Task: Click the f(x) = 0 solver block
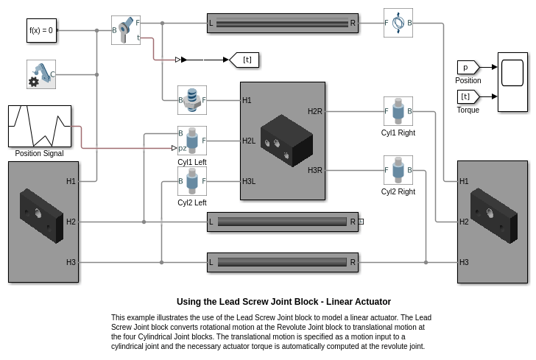[40, 30]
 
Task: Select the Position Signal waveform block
[40, 126]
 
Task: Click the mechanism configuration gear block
[40, 74]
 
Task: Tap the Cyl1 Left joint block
[192, 141]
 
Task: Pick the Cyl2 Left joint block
[192, 181]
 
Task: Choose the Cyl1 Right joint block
[398, 111]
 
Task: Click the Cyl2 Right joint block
[398, 170]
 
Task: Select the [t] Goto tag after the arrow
[245, 60]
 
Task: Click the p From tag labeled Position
[468, 67]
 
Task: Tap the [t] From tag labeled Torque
[468, 96]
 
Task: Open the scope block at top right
[512, 82]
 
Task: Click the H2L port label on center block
[249, 141]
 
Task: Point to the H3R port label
[315, 170]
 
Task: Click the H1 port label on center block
[247, 100]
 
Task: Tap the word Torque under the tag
[468, 110]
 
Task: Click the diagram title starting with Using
[283, 302]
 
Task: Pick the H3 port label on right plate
[464, 262]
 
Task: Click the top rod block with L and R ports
[283, 23]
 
